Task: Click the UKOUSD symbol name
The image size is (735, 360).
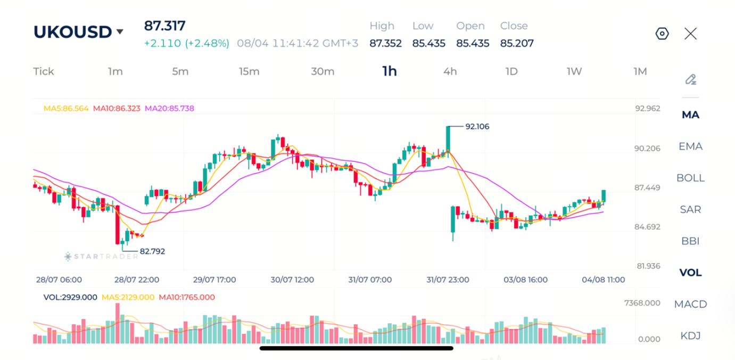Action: [72, 32]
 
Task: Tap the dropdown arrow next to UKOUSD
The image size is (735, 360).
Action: [120, 31]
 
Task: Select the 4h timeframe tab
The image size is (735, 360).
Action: [450, 71]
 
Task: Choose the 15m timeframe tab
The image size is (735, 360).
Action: [249, 71]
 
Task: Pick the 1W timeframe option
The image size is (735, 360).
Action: [574, 71]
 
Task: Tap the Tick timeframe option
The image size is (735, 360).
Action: [44, 71]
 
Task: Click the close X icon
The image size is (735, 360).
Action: [690, 34]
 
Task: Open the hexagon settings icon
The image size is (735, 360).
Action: [662, 34]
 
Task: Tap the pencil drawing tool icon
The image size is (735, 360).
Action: [691, 79]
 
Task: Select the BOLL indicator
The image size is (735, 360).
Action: [690, 178]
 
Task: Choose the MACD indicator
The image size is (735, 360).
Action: [690, 304]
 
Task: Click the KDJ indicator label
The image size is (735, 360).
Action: [690, 336]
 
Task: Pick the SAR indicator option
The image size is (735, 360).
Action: [690, 209]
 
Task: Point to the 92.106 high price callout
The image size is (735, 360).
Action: [477, 126]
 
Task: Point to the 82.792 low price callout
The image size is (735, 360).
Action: [152, 251]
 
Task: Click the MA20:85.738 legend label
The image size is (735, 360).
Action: [169, 109]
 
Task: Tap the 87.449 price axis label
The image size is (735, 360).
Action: [647, 187]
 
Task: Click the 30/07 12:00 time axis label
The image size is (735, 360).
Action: [292, 280]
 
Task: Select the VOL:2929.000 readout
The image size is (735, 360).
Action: [70, 297]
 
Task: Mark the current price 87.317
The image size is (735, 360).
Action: [164, 26]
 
